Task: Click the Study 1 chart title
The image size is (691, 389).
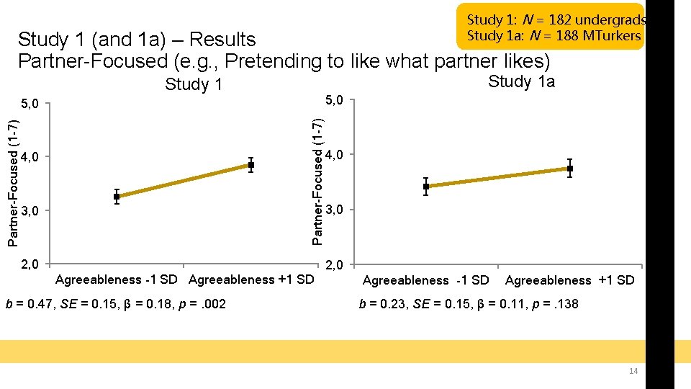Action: (194, 85)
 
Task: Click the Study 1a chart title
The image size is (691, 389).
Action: (521, 81)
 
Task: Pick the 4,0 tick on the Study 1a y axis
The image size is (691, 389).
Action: (337, 154)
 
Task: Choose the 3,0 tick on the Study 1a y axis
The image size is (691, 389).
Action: (337, 210)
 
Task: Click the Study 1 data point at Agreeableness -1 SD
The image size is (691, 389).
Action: (117, 197)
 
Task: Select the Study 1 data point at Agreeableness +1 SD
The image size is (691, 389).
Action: (251, 165)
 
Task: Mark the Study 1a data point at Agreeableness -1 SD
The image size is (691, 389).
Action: (426, 187)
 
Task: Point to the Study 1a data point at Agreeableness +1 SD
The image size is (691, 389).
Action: (570, 169)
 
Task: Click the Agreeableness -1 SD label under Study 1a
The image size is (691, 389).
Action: (425, 280)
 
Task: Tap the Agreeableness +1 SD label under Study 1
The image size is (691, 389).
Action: (251, 280)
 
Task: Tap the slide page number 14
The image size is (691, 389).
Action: (633, 371)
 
